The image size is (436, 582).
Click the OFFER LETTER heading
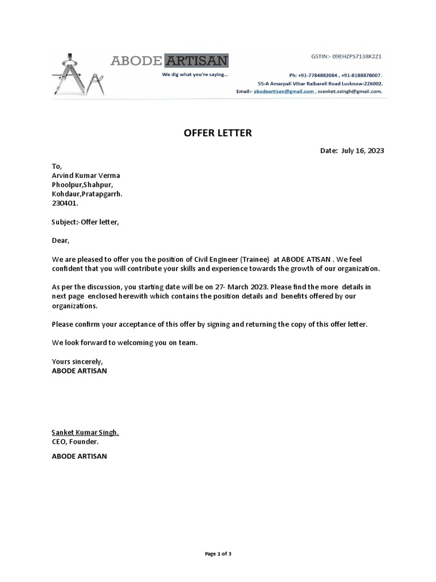(x=217, y=134)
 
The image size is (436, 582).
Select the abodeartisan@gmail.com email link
(x=284, y=91)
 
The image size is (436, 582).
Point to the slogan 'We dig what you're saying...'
(x=195, y=74)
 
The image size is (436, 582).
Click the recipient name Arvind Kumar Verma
(x=86, y=176)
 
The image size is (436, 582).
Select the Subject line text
(x=86, y=222)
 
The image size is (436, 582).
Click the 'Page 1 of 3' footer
(x=217, y=554)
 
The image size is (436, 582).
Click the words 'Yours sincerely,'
(x=78, y=361)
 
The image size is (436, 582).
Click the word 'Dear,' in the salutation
(x=60, y=240)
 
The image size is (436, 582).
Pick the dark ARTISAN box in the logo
(x=196, y=60)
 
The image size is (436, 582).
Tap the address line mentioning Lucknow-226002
(x=320, y=83)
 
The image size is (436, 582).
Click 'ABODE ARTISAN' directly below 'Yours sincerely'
(x=79, y=371)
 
